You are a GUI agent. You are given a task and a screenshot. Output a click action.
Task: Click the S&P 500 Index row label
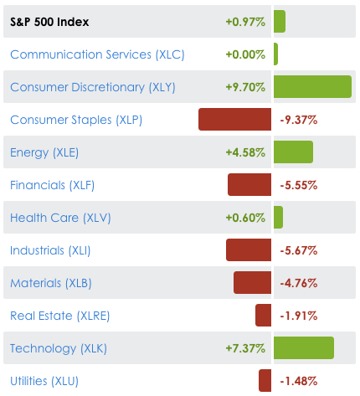tap(49, 22)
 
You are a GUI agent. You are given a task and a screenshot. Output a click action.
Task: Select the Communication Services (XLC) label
tap(97, 54)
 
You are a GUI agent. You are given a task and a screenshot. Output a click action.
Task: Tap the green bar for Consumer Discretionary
tap(312, 87)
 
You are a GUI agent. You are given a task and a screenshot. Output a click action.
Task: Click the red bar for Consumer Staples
tap(234, 120)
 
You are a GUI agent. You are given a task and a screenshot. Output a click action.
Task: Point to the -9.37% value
tap(298, 120)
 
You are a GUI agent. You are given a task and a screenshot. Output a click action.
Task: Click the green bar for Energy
tap(293, 152)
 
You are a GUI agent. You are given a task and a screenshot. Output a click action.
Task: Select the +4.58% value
tap(245, 152)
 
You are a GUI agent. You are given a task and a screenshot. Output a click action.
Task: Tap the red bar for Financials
tap(249, 185)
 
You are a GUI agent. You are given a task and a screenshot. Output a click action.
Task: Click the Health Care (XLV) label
tap(60, 218)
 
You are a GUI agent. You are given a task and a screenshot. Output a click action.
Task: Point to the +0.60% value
tap(245, 218)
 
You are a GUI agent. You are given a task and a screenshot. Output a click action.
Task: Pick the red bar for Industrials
tap(249, 249)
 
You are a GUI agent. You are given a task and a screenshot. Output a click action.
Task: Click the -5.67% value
tap(298, 250)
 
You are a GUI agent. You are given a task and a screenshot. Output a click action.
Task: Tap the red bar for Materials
tap(252, 283)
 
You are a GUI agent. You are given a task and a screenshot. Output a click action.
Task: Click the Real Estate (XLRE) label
tap(60, 316)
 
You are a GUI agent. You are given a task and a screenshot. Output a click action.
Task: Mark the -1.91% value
tap(298, 316)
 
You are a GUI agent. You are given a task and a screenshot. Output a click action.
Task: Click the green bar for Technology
tap(303, 348)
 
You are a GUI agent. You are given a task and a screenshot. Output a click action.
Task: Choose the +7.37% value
tap(245, 348)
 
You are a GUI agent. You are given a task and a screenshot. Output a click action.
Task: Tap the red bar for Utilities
tap(265, 381)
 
